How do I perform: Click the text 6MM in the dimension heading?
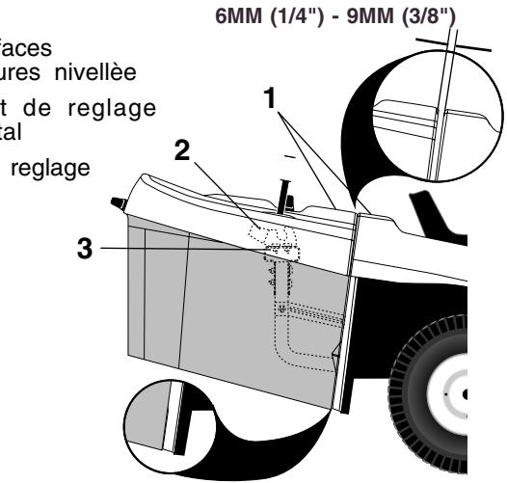[249, 14]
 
